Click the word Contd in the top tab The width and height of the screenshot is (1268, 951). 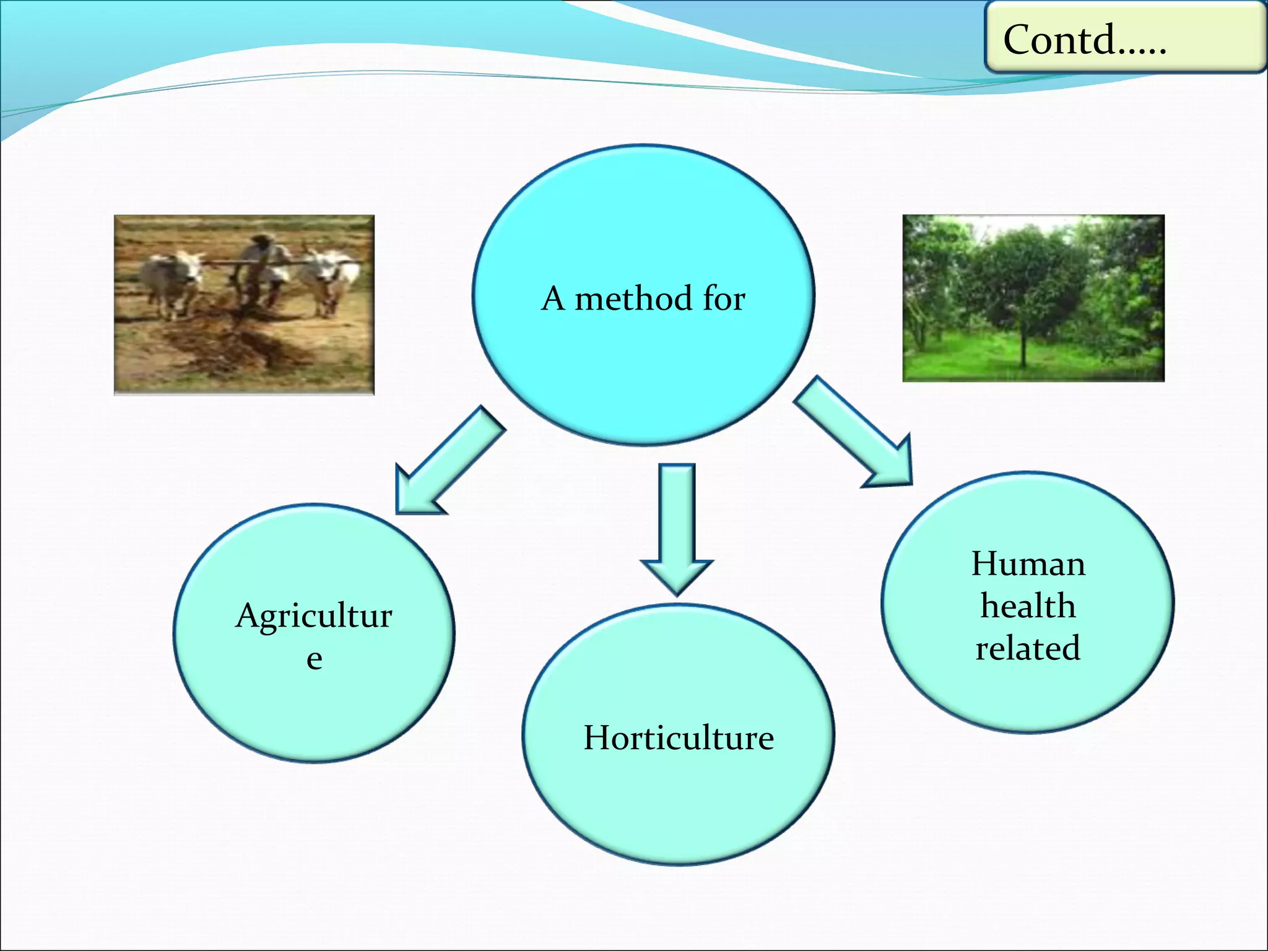tap(1059, 40)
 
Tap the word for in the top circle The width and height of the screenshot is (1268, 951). tap(724, 298)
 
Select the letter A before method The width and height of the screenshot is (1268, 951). tap(553, 298)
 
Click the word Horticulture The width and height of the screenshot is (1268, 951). tap(679, 738)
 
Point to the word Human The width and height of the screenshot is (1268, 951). tap(1028, 564)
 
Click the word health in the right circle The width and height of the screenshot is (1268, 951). tap(1028, 606)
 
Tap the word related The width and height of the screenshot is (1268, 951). tap(1028, 648)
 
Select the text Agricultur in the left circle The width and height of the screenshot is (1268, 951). tap(314, 617)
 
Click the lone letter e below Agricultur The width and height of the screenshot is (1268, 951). tap(314, 658)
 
